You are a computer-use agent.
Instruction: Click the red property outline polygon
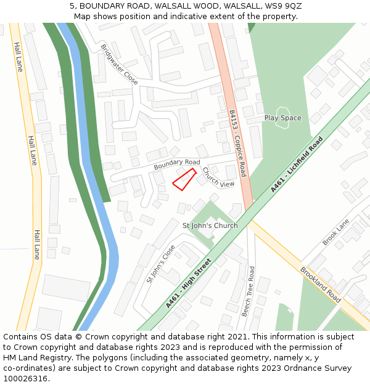(x=184, y=179)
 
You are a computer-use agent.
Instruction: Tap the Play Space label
(x=282, y=118)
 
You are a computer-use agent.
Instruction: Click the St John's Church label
(x=210, y=225)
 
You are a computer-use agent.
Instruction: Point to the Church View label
(x=218, y=177)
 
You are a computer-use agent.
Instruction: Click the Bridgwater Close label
(x=120, y=64)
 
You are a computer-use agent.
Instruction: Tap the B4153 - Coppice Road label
(x=237, y=144)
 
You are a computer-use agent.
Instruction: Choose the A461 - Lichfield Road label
(x=297, y=164)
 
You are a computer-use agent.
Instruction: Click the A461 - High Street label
(x=189, y=283)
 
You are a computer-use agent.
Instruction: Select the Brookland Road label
(x=321, y=285)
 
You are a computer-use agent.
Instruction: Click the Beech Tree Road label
(x=248, y=291)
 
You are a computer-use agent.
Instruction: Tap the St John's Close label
(x=160, y=264)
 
